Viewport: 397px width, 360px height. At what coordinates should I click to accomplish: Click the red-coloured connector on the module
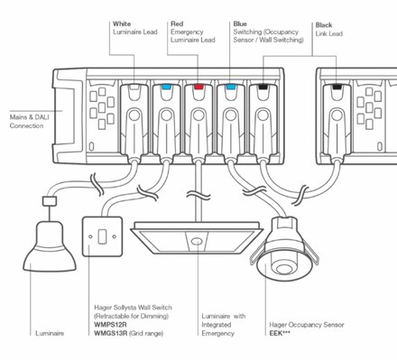pyautogui.click(x=198, y=90)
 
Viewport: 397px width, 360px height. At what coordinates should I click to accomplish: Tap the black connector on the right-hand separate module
pyautogui.click(x=337, y=89)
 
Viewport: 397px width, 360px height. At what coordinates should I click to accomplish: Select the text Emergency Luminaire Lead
pyautogui.click(x=193, y=35)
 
